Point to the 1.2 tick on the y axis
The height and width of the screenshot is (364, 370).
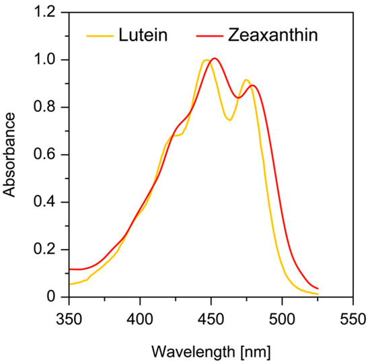click(x=48, y=12)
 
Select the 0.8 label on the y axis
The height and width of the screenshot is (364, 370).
click(x=48, y=107)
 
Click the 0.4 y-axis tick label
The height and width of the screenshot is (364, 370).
click(x=48, y=202)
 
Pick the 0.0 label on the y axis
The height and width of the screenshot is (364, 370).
click(x=48, y=297)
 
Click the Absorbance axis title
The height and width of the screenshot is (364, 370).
click(x=9, y=155)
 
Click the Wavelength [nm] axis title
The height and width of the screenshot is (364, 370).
click(x=211, y=351)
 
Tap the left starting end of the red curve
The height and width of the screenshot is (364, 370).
click(x=69, y=269)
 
